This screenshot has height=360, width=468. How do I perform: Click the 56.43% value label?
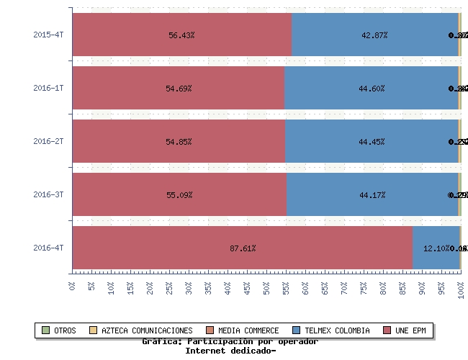(x=181, y=35)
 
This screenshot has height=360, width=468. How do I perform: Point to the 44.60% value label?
(x=372, y=89)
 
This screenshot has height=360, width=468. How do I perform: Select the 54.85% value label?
(x=179, y=142)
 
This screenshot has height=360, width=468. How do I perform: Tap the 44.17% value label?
(x=372, y=195)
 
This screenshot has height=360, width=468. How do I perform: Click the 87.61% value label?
(x=243, y=248)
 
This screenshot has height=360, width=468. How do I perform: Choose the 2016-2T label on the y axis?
(x=48, y=141)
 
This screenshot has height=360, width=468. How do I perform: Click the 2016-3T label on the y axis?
(x=48, y=194)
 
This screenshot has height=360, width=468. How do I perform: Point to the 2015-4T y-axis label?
(x=48, y=35)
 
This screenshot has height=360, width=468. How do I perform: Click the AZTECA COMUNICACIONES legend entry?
(x=147, y=330)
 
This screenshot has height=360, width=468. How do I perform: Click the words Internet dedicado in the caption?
(x=230, y=351)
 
